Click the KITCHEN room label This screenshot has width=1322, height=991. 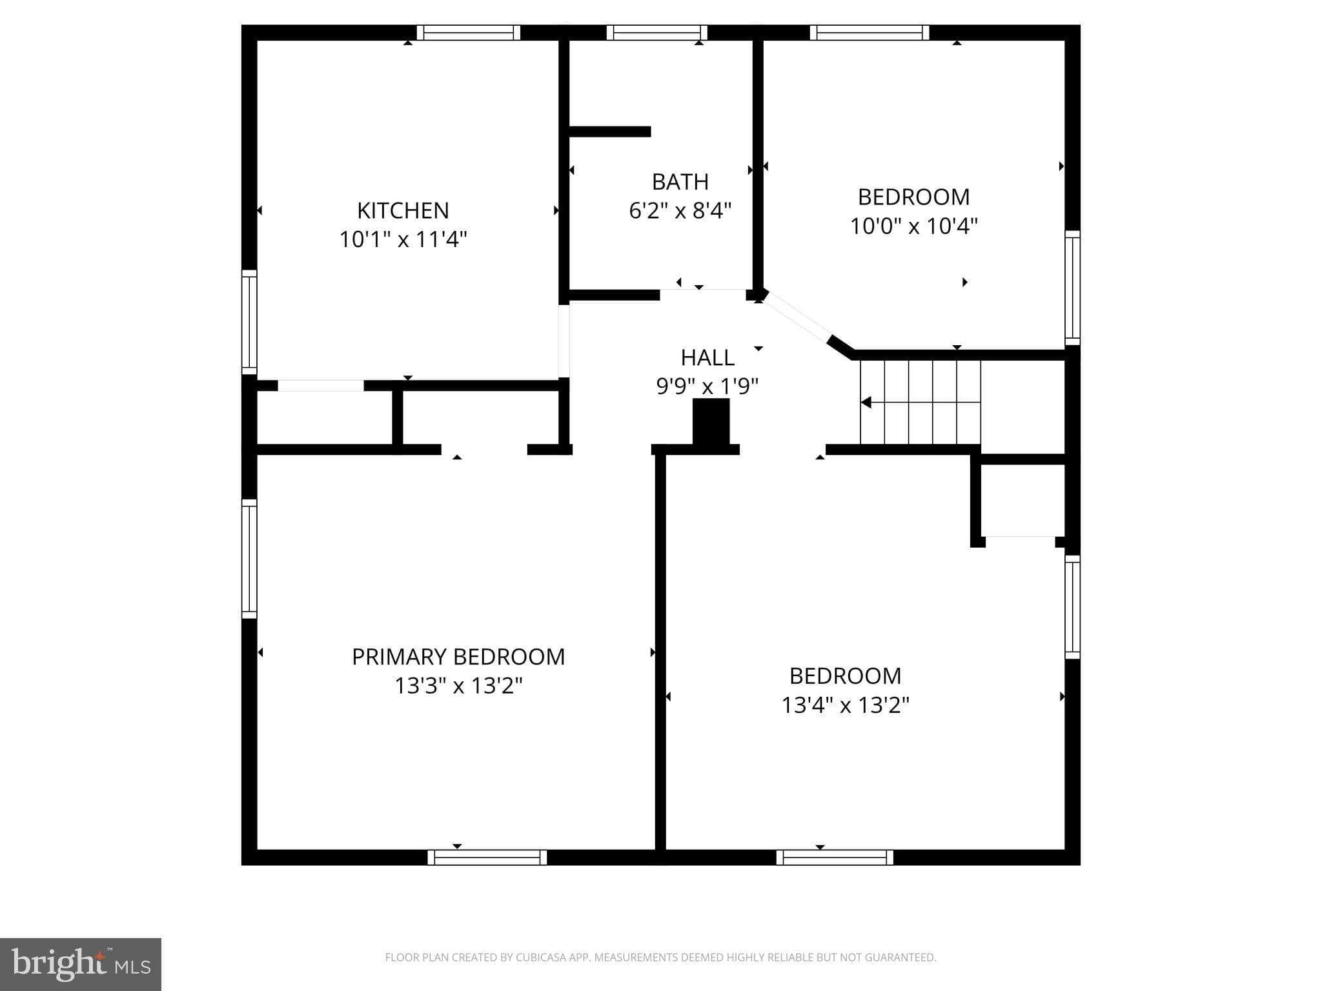[x=403, y=210]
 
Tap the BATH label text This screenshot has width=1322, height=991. [x=680, y=182]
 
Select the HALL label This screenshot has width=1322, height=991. [x=707, y=357]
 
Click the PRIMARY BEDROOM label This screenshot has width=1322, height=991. [x=458, y=657]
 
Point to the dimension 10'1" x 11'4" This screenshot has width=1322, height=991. [x=403, y=239]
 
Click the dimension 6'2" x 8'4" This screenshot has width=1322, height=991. [x=680, y=211]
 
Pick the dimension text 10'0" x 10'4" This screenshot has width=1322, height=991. [x=913, y=226]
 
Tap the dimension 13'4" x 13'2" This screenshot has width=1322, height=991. [x=845, y=705]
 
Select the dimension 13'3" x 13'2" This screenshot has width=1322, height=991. [x=458, y=686]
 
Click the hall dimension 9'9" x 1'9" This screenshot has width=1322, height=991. [x=707, y=386]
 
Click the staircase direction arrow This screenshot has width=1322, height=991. [x=866, y=403]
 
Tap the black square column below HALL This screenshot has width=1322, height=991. [x=711, y=421]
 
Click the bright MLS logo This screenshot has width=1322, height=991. [x=81, y=964]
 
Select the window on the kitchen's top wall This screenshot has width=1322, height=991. [x=468, y=33]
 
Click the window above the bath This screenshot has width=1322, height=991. [x=656, y=33]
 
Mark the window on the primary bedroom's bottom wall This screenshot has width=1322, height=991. [x=487, y=857]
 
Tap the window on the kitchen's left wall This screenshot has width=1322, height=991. [x=249, y=321]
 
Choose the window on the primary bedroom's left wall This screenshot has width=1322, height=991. [x=249, y=559]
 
